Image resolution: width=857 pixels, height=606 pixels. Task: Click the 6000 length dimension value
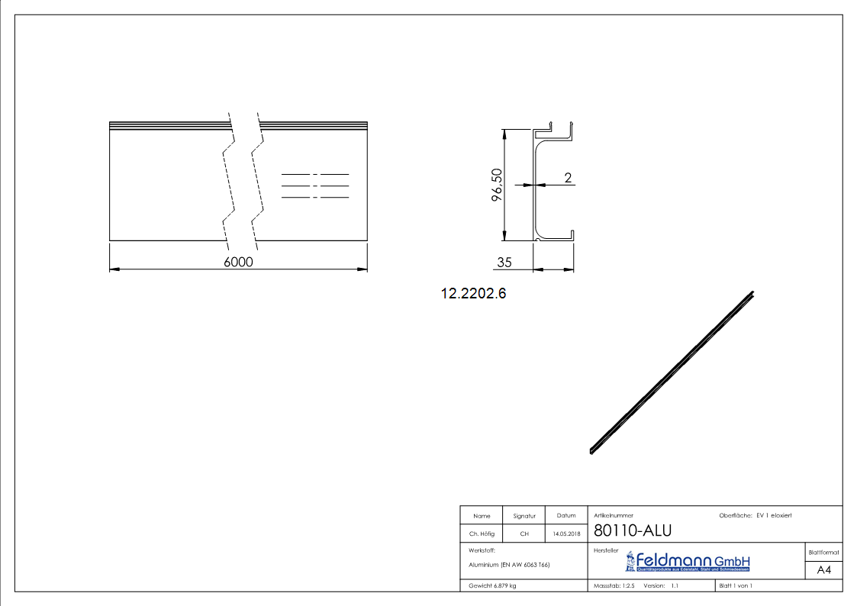(238, 262)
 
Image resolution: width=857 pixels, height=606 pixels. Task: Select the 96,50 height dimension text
(497, 185)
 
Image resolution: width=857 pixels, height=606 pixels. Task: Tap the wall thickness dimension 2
(568, 177)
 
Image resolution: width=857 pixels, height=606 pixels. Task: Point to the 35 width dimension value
(504, 262)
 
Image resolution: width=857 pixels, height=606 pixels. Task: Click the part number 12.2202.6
(473, 293)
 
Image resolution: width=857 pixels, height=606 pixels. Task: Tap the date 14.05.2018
(566, 534)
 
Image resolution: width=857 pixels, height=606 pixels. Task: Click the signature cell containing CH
(524, 534)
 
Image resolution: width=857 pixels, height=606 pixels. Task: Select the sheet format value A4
(824, 570)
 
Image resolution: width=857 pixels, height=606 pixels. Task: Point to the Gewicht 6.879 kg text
(492, 585)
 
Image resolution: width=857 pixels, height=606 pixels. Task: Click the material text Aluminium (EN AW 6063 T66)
(509, 565)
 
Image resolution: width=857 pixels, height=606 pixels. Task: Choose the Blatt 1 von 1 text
(736, 585)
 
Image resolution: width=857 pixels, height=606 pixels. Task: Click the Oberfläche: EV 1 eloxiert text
(755, 515)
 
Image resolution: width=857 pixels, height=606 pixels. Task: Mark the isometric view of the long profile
(672, 372)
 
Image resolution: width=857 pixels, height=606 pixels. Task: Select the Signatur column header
(524, 516)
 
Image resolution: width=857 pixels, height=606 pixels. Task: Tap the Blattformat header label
(824, 552)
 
